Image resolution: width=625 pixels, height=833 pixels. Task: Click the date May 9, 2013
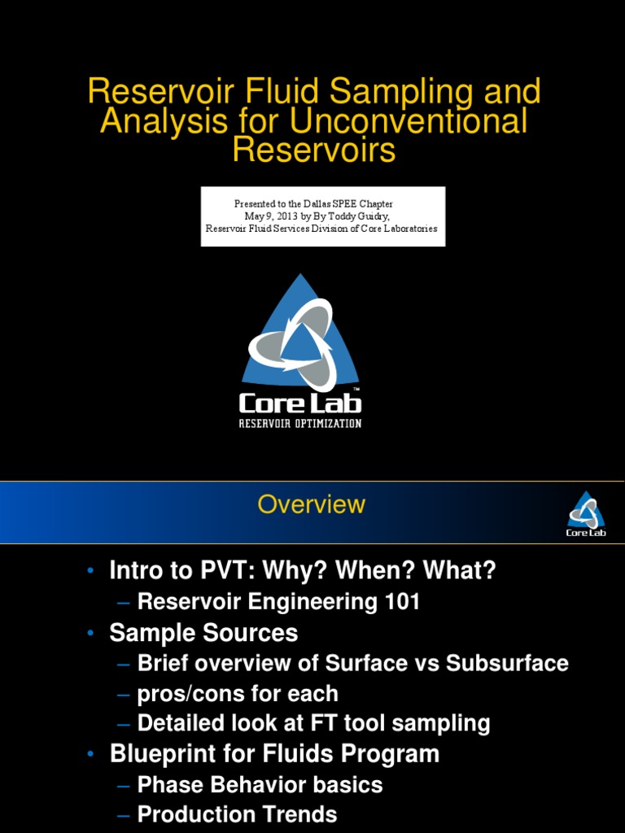(272, 216)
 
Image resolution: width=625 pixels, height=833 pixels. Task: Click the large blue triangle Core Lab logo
(300, 334)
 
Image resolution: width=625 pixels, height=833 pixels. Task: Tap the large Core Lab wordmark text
(300, 403)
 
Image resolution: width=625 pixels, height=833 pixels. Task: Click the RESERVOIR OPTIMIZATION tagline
(300, 424)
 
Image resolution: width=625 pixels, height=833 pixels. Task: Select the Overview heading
(312, 504)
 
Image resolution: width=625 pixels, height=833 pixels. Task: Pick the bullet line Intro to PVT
(302, 571)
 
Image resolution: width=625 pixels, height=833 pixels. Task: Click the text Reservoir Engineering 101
(279, 602)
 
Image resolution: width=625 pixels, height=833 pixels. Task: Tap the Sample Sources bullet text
(203, 633)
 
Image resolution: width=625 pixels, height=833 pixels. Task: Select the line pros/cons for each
(238, 694)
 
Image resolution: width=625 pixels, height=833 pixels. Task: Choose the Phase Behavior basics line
(260, 784)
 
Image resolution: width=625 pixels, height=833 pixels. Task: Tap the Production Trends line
(237, 814)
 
